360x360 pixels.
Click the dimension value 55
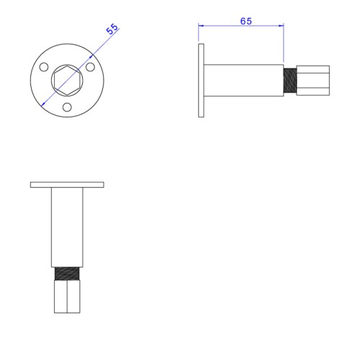pos(112,30)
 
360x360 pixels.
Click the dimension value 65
pos(246,21)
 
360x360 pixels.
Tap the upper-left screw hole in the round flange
pos(44,67)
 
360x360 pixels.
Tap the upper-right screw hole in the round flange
pos(90,67)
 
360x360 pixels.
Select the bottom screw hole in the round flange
pos(67,107)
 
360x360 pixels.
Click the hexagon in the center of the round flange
pos(67,80)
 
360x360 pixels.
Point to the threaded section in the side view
pos(290,80)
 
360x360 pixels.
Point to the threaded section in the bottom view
pos(67,274)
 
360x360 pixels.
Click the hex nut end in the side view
pos(313,80)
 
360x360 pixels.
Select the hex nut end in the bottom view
pos(67,297)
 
